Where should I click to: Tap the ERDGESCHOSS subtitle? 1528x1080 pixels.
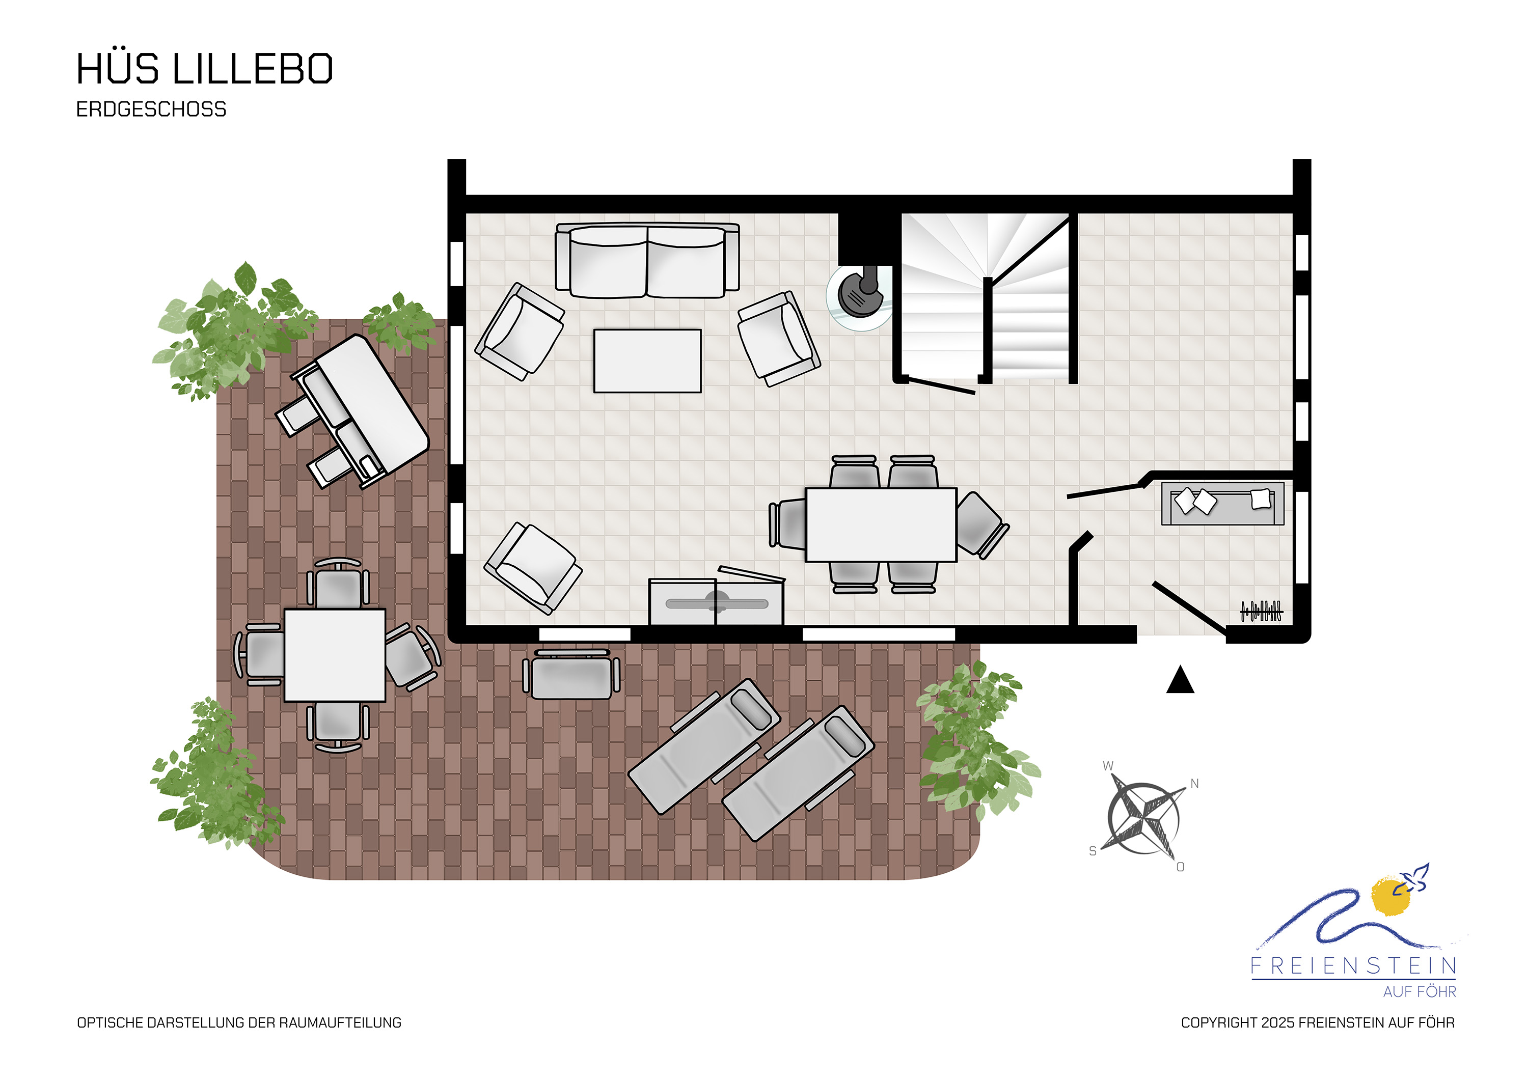pyautogui.click(x=151, y=109)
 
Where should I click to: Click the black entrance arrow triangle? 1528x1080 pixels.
pyautogui.click(x=1180, y=679)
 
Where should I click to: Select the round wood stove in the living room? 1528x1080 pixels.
pyautogui.click(x=860, y=297)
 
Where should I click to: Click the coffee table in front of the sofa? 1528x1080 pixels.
pyautogui.click(x=647, y=361)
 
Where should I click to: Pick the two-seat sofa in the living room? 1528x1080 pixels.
pyautogui.click(x=647, y=260)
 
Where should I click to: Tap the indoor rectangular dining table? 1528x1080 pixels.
pyautogui.click(x=881, y=525)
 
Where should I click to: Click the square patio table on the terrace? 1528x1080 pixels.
pyautogui.click(x=335, y=655)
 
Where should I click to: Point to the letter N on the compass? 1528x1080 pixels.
pyautogui.click(x=1194, y=784)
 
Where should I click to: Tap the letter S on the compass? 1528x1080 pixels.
pyautogui.click(x=1092, y=851)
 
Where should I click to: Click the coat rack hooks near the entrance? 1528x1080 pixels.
pyautogui.click(x=1261, y=611)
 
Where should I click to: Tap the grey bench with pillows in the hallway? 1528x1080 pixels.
pyautogui.click(x=1222, y=504)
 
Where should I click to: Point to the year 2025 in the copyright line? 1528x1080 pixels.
pyautogui.click(x=1278, y=1023)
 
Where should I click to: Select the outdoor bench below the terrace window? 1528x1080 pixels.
pyautogui.click(x=571, y=674)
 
